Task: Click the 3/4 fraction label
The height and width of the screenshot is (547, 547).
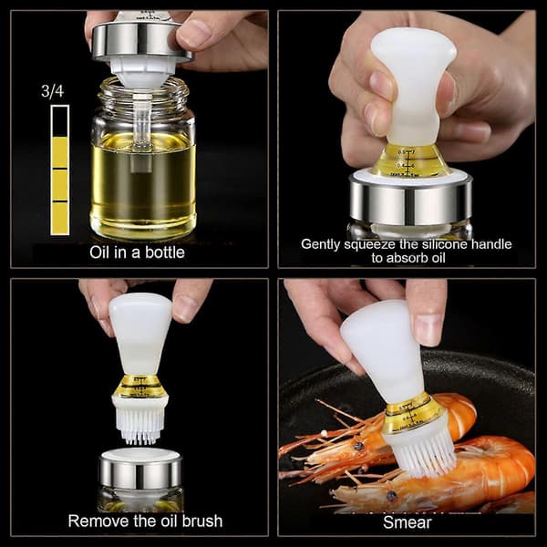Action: click(x=52, y=91)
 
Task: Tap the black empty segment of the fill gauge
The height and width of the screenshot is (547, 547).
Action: click(x=59, y=121)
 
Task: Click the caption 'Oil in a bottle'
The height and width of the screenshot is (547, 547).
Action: click(x=137, y=253)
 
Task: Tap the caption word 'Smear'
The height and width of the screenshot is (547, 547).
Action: click(x=408, y=522)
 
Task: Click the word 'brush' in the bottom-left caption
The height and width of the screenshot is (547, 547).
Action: click(x=202, y=521)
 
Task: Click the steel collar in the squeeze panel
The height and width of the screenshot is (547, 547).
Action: click(x=411, y=199)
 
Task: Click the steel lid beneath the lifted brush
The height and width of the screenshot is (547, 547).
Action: click(x=140, y=471)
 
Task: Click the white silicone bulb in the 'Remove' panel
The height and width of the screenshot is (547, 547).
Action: click(x=140, y=333)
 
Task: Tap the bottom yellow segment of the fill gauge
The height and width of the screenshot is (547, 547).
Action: click(x=59, y=218)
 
